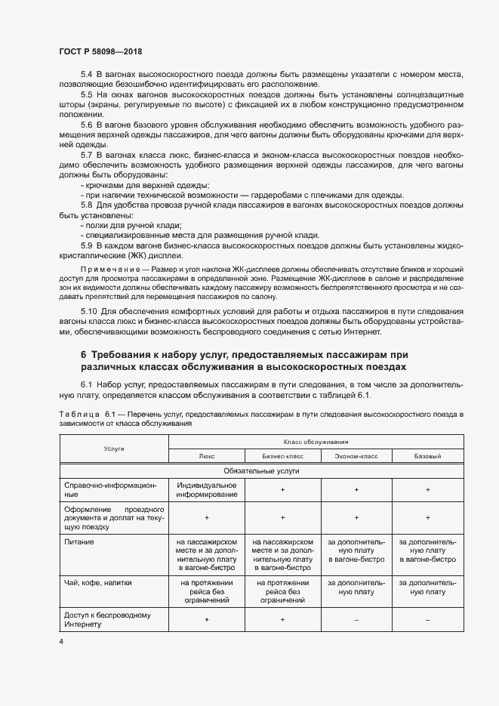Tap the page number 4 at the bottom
(61, 642)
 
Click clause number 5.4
(86, 74)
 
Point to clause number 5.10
(88, 312)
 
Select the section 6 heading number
(84, 354)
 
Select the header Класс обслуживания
(316, 441)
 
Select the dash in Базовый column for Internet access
(427, 619)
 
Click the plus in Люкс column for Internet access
(206, 619)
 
